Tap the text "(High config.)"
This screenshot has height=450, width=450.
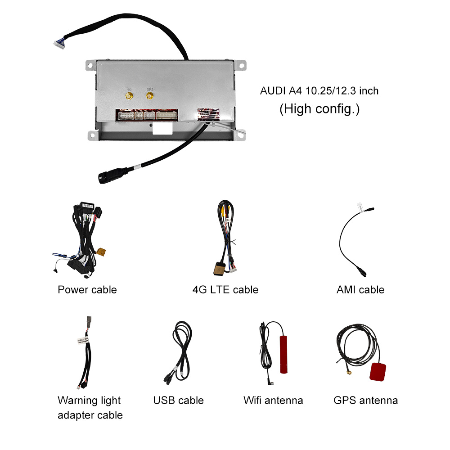tap(319, 109)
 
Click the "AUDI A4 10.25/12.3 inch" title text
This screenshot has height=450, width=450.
tap(319, 91)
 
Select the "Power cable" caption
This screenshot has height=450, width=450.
tap(87, 290)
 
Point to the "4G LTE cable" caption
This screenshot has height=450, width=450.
tap(225, 290)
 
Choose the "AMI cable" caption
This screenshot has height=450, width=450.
tap(360, 290)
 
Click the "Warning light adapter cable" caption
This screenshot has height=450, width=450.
tap(90, 408)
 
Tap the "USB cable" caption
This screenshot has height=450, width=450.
tap(179, 400)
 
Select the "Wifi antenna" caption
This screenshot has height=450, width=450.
tap(273, 400)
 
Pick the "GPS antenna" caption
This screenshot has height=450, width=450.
tap(366, 400)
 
